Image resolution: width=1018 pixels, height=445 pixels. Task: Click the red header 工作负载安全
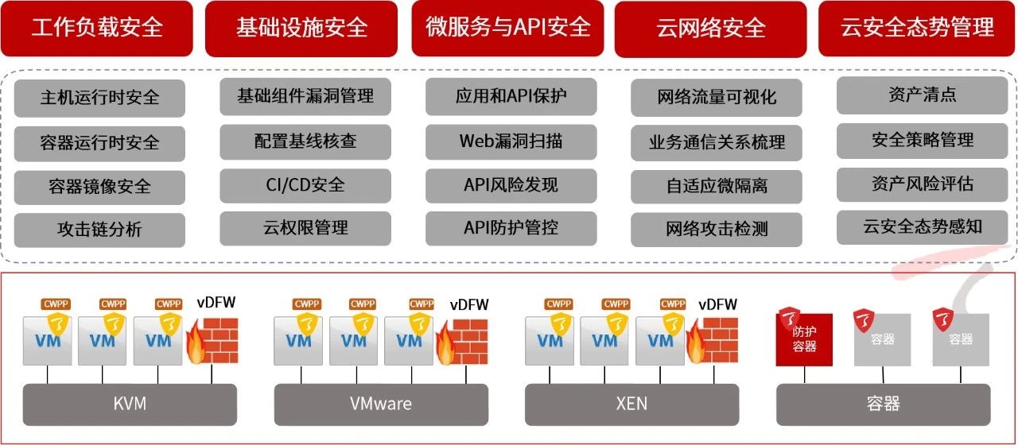(96, 29)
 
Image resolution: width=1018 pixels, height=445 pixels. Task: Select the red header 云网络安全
(711, 29)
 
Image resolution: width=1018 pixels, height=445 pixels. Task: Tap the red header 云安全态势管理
(917, 29)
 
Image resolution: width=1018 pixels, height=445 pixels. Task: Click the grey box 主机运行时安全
(99, 98)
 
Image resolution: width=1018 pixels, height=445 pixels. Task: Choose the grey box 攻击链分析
(99, 230)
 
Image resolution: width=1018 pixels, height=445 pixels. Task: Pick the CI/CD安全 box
(305, 185)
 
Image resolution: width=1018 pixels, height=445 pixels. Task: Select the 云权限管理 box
(305, 228)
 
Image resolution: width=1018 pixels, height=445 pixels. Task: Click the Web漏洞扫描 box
(511, 141)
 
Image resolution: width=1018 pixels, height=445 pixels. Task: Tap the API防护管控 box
(511, 228)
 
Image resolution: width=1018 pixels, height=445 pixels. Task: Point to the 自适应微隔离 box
(717, 186)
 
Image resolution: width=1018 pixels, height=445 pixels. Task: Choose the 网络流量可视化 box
(717, 98)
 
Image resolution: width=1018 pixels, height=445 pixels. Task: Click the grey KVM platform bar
(130, 404)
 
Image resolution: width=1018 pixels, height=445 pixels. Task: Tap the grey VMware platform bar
(381, 404)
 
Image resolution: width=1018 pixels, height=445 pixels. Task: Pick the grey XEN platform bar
(631, 404)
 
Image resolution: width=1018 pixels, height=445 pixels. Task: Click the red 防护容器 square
(804, 339)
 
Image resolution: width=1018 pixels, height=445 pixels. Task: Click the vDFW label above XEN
(717, 304)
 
